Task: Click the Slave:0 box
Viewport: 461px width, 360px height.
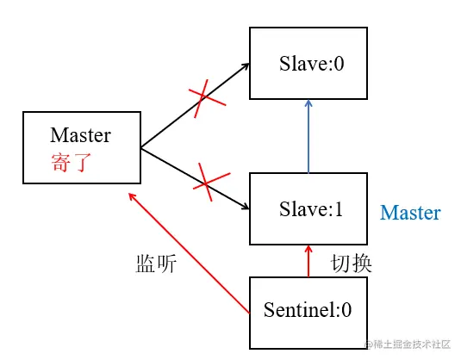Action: pos(308,63)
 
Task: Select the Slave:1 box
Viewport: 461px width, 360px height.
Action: pos(308,208)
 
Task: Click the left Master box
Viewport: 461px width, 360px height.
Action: pos(81,147)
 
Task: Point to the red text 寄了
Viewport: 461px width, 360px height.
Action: pos(71,163)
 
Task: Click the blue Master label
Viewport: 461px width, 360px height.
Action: pos(410,213)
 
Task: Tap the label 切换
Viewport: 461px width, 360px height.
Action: pos(352,264)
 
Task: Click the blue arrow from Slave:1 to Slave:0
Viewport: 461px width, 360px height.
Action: pos(308,138)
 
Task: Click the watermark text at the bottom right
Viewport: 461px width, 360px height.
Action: pos(407,344)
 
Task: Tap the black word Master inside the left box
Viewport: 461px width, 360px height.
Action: pos(81,135)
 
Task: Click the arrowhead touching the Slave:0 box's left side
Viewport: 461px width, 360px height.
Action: pos(245,65)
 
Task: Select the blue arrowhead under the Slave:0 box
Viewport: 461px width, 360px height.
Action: pos(308,103)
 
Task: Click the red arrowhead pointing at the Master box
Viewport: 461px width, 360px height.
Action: pos(131,196)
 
